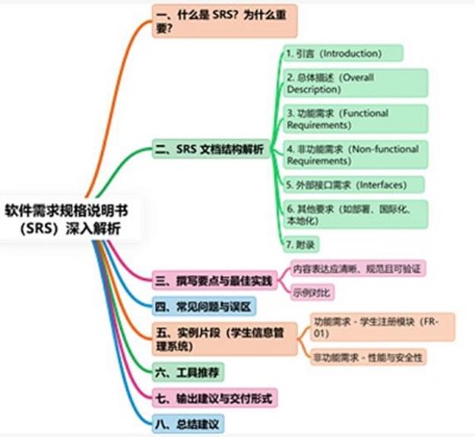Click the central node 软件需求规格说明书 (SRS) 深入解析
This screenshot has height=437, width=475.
click(x=67, y=218)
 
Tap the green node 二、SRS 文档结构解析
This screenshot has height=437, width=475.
click(x=210, y=150)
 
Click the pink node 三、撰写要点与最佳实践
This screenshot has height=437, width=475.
click(x=213, y=282)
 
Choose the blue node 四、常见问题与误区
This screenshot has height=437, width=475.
click(x=204, y=307)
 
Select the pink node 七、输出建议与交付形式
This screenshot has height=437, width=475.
click(x=214, y=397)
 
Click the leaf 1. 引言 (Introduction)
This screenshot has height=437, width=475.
click(x=342, y=53)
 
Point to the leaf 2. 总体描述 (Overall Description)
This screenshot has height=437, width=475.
click(x=354, y=84)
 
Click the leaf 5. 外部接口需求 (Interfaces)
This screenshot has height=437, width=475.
click(x=353, y=185)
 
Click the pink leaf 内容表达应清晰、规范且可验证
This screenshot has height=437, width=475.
click(x=357, y=269)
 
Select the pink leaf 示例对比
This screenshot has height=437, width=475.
click(x=312, y=293)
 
